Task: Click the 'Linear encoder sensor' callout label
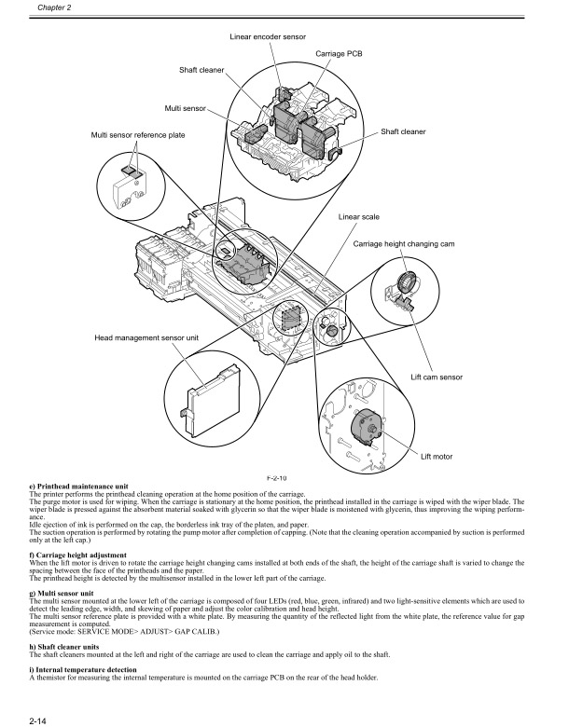pyautogui.click(x=269, y=36)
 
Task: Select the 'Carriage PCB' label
pyautogui.click(x=338, y=55)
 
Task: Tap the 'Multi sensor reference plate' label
pyautogui.click(x=138, y=136)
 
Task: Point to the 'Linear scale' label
pyautogui.click(x=359, y=216)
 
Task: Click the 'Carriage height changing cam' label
pyautogui.click(x=403, y=243)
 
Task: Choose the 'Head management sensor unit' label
pyautogui.click(x=146, y=336)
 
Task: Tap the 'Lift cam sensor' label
pyautogui.click(x=437, y=377)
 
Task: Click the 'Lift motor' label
pyautogui.click(x=437, y=456)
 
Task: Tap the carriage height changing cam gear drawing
pyautogui.click(x=407, y=283)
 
